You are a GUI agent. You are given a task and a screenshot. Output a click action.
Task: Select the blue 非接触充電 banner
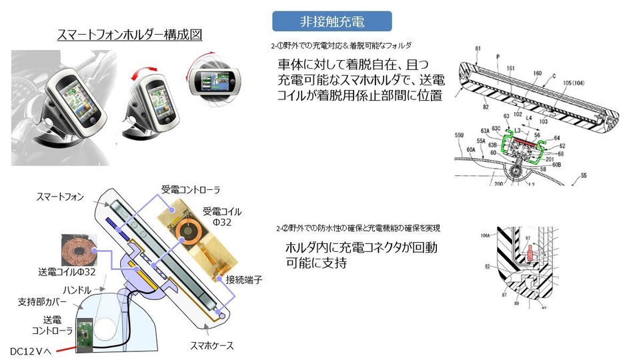[x=332, y=21]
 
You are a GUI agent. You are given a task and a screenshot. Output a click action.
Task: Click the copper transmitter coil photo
[x=79, y=250]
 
